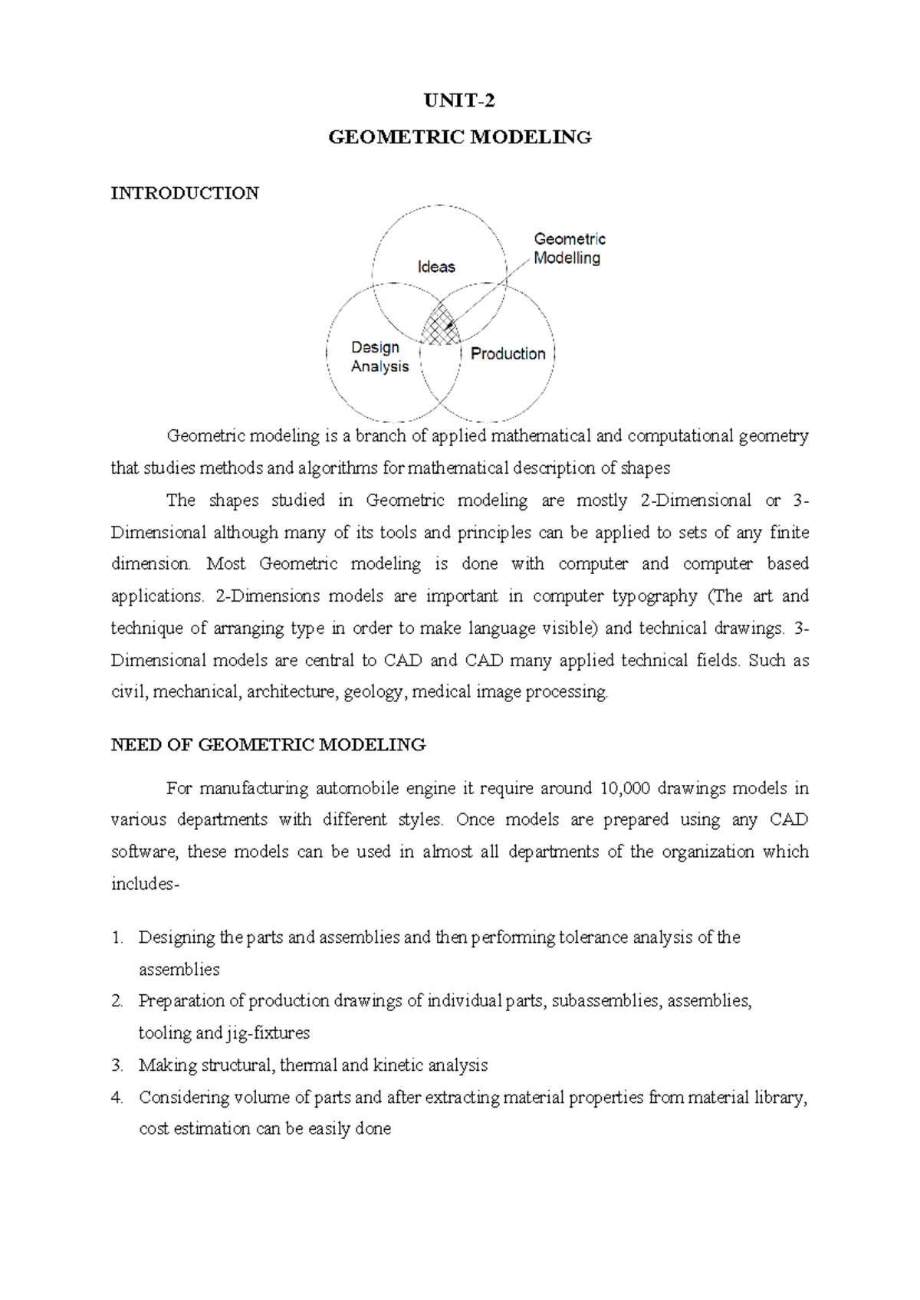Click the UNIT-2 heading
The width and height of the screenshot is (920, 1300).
[x=459, y=101]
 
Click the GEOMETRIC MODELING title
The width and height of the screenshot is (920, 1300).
[x=459, y=138]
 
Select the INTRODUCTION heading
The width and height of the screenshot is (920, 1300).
[x=185, y=193]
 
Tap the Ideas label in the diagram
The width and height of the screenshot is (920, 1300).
[x=436, y=267]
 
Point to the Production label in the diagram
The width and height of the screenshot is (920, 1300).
[x=508, y=353]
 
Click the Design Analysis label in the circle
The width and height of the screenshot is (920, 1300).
[x=379, y=357]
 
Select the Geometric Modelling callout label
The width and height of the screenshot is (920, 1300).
[x=569, y=248]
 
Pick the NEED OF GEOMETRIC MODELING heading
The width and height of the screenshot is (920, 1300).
[x=268, y=745]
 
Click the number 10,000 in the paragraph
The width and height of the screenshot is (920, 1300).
[x=626, y=788]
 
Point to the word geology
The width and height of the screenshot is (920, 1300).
[x=373, y=692]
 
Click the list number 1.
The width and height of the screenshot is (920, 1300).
[x=117, y=937]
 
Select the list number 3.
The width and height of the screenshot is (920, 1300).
[x=117, y=1065]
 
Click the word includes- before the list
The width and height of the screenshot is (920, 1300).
[x=145, y=884]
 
